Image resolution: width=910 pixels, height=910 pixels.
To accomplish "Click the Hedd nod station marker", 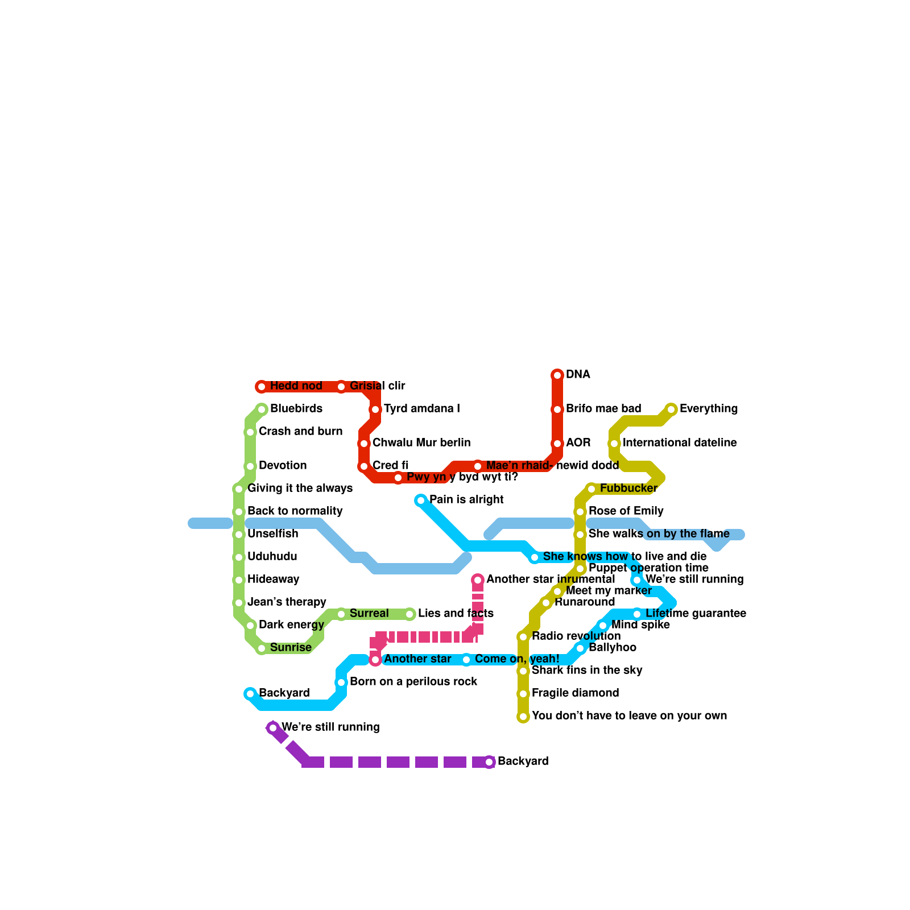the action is click(262, 387).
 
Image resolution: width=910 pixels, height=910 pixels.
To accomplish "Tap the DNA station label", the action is click(578, 375).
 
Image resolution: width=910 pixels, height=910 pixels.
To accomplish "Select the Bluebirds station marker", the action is click(262, 409).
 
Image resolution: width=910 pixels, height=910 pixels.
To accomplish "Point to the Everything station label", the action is click(708, 409).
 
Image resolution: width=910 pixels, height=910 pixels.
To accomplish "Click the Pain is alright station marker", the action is click(421, 500).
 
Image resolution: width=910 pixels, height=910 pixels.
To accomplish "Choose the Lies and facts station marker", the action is click(409, 614).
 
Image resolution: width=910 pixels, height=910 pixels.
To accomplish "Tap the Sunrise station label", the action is click(291, 648).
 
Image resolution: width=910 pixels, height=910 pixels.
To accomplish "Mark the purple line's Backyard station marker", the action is click(489, 762).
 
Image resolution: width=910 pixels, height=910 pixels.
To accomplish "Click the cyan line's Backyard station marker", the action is click(250, 694).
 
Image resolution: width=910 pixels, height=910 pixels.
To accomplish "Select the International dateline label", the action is click(680, 443).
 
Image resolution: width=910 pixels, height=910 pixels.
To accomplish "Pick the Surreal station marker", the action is click(341, 614).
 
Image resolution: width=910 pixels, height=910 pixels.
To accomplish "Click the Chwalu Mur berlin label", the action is click(421, 443).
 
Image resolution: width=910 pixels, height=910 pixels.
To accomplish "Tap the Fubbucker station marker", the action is click(591, 489).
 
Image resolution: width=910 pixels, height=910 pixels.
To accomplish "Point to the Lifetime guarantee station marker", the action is click(637, 614).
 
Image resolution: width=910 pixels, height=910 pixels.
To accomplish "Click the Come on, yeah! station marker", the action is click(466, 660).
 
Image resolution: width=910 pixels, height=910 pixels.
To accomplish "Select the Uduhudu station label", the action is click(272, 557).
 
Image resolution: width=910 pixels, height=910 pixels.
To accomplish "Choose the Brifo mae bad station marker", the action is click(557, 409).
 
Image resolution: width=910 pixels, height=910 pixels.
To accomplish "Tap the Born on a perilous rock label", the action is click(413, 682).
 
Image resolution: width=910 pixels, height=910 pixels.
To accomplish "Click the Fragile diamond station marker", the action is click(523, 694).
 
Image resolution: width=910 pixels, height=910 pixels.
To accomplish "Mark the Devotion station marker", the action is click(250, 466).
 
